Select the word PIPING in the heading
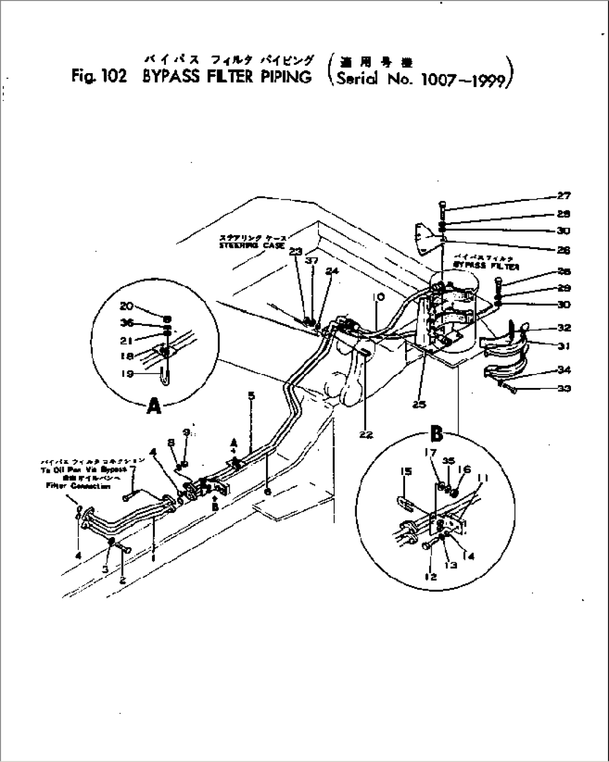coord(286,76)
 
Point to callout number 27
coord(563,196)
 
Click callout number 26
coord(563,250)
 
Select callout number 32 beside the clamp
coord(563,328)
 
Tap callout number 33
coord(563,388)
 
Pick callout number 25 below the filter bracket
coord(420,404)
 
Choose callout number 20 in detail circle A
coord(126,305)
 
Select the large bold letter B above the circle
coord(436,433)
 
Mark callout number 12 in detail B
coord(431,577)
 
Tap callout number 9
coord(186,433)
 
